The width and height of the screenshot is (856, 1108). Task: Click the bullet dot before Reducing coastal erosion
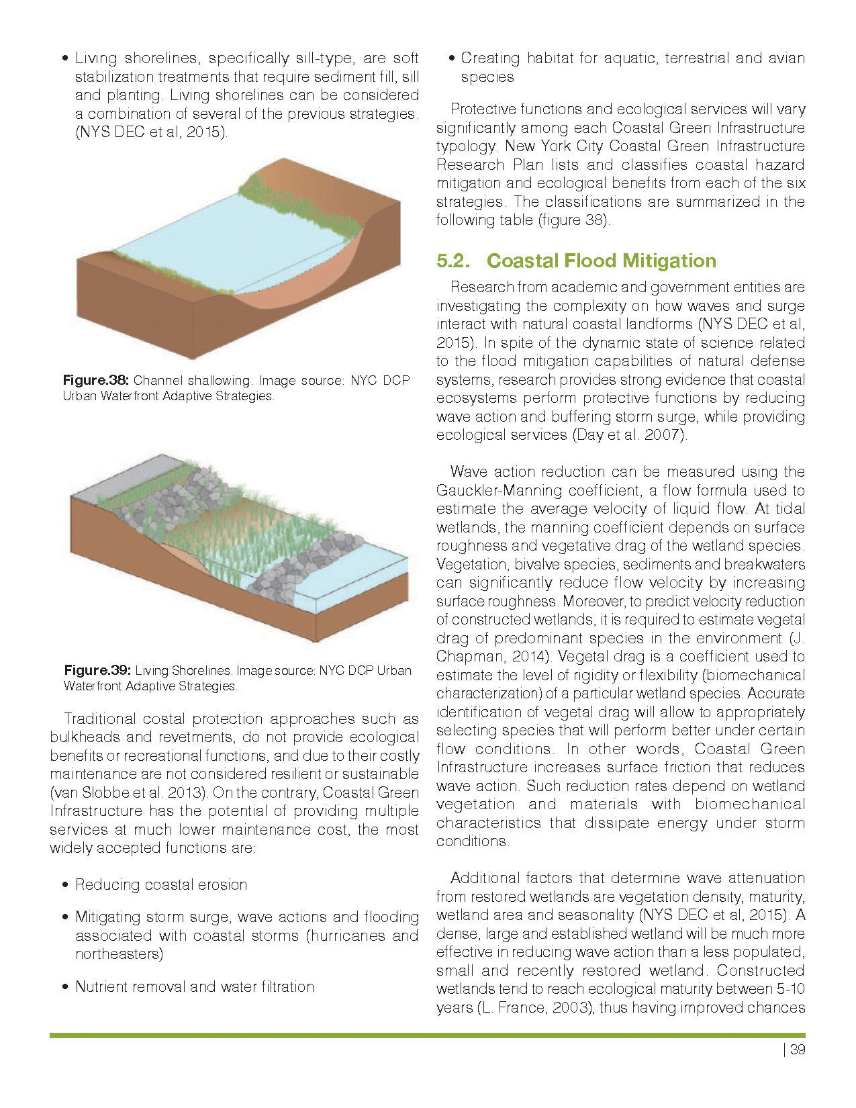click(x=64, y=886)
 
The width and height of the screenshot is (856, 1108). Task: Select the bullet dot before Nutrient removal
click(x=64, y=988)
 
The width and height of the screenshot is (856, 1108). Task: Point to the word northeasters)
click(x=119, y=954)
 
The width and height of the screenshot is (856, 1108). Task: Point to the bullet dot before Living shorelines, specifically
click(x=64, y=59)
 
